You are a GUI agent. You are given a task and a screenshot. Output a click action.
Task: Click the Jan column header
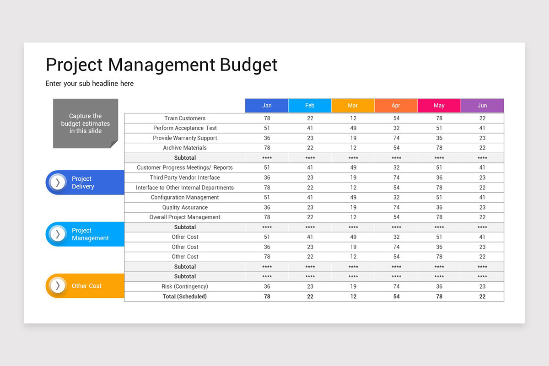coord(267,106)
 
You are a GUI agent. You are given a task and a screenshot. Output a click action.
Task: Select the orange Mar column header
coord(353,106)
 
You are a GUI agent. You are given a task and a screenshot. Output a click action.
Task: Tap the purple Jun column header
coord(482,106)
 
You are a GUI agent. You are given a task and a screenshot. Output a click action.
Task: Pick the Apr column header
coord(396,106)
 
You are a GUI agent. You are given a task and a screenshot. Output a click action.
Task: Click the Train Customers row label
coord(185,118)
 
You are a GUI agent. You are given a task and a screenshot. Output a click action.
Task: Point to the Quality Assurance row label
coord(185,207)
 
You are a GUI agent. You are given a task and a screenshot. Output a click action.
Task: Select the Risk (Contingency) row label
coord(185,286)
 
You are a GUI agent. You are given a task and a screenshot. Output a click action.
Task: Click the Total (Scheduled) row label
coord(185,296)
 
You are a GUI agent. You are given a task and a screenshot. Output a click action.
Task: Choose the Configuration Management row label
coord(185,198)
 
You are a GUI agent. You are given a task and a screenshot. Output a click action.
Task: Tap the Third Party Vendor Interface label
coord(185,178)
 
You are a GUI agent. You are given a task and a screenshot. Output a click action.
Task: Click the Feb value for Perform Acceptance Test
coord(310,128)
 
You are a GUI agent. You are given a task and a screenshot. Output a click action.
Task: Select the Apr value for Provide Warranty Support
coord(396,138)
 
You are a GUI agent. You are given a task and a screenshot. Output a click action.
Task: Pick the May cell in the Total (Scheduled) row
coord(439,296)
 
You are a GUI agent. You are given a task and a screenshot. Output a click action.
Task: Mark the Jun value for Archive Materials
coord(482,148)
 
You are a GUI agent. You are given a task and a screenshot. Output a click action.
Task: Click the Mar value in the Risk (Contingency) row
coord(353,286)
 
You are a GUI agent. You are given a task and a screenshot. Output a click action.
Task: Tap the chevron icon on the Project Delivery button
coord(58,183)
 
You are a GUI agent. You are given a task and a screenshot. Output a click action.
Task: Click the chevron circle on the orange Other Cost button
coord(58,286)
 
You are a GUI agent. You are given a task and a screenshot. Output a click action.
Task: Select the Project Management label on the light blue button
coord(90,234)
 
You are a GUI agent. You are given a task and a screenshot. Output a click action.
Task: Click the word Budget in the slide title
coord(248,65)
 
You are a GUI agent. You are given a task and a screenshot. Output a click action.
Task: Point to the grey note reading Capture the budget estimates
coord(86,124)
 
